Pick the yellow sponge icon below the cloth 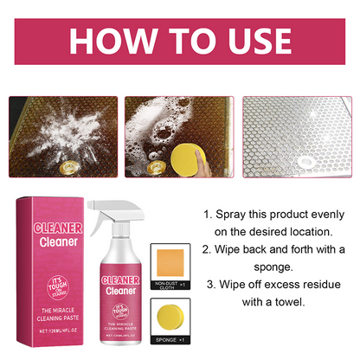coord(176,312)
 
